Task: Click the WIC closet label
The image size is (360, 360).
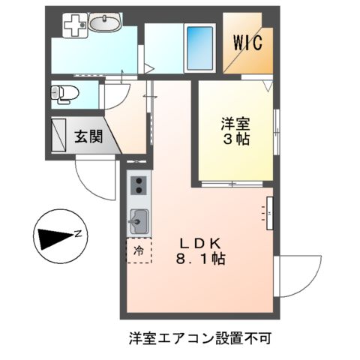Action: (247, 43)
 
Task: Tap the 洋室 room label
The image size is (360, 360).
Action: (235, 122)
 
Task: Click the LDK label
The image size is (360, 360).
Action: (198, 243)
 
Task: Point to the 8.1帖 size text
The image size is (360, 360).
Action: (198, 259)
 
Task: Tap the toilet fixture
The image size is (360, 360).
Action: (65, 94)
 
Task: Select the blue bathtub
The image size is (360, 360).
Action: (199, 48)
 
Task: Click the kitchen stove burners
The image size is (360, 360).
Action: (138, 184)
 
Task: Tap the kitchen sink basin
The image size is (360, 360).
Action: (139, 221)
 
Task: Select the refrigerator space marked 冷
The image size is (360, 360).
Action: (139, 250)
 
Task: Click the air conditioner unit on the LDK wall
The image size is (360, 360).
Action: (269, 211)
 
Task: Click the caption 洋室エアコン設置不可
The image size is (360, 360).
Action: (200, 337)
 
